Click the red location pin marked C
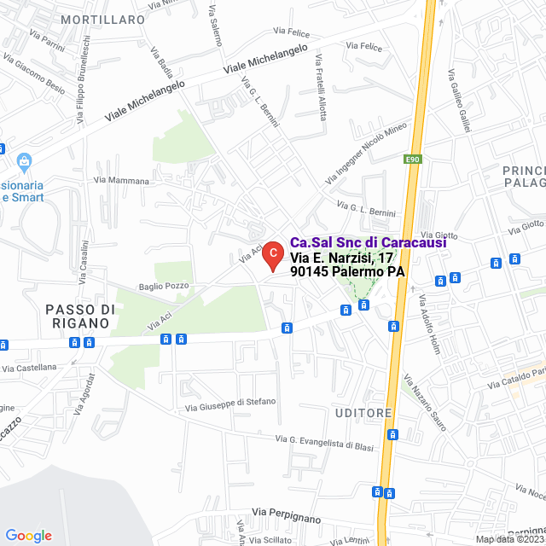pos(272,254)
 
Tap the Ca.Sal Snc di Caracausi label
pos(368,242)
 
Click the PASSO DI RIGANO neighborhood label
pos(78,316)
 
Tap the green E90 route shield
pos(413,159)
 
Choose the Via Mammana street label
pos(121,181)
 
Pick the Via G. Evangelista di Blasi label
pos(325,443)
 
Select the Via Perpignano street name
pos(286,519)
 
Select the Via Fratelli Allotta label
pos(321,87)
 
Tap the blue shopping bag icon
pos(24,160)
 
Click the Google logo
pos(28,535)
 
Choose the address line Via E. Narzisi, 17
pos(341,257)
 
